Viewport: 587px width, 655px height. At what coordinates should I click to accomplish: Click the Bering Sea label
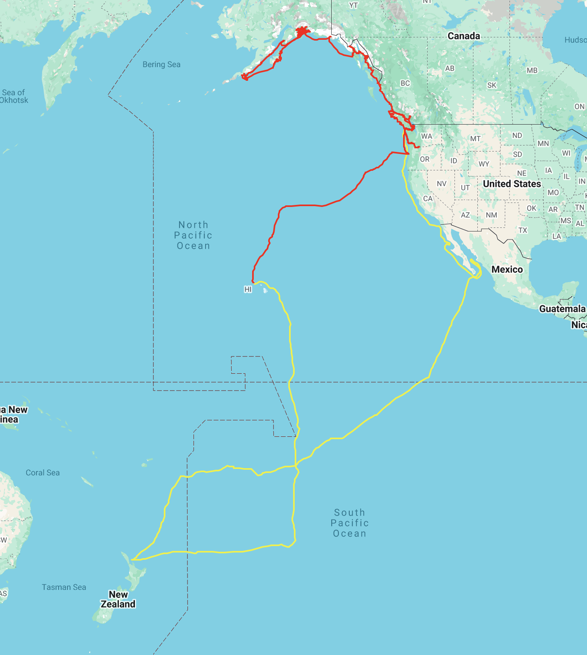click(x=161, y=64)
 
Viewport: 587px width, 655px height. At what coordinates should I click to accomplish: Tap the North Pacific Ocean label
click(x=193, y=235)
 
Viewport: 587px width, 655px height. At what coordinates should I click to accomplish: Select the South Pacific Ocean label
click(x=349, y=523)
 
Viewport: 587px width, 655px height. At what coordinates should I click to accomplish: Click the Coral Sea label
click(x=43, y=473)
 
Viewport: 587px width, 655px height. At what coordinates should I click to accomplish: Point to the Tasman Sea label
click(x=64, y=587)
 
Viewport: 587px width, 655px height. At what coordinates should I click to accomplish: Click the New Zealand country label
click(x=118, y=599)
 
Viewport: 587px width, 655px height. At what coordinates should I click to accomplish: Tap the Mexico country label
click(x=507, y=269)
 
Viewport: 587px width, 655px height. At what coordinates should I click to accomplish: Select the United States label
click(x=512, y=184)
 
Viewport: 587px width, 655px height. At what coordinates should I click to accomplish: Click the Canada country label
click(x=464, y=36)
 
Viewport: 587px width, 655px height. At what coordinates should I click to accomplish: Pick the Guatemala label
click(x=562, y=309)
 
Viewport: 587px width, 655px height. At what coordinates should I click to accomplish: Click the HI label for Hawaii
click(x=248, y=289)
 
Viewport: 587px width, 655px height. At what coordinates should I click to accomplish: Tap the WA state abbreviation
click(x=426, y=136)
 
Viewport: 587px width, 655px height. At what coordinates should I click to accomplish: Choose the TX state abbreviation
click(x=522, y=230)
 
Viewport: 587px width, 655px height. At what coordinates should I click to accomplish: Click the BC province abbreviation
click(x=405, y=83)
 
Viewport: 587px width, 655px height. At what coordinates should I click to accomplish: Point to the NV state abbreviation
click(x=442, y=184)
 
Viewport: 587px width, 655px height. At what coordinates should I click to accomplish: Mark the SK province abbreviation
click(x=492, y=85)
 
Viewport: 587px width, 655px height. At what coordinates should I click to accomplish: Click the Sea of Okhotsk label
click(x=14, y=96)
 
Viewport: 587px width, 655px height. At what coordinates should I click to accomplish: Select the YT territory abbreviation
click(x=353, y=5)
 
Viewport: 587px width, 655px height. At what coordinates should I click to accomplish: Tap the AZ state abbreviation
click(x=465, y=215)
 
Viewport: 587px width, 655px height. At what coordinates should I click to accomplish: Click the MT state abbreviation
click(x=475, y=139)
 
